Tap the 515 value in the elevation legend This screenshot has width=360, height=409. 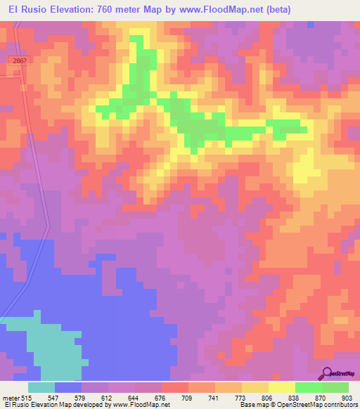coord(27,398)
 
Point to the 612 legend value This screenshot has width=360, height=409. coord(108,398)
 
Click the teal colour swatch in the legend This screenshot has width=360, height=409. coord(41,387)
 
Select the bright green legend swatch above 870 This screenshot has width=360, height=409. coord(308,387)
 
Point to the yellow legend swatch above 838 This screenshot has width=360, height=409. coord(281,387)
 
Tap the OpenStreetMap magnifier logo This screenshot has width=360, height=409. coord(327,373)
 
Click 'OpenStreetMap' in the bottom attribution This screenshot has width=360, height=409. coord(295,405)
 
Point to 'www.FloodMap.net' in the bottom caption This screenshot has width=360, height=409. coord(141,405)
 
